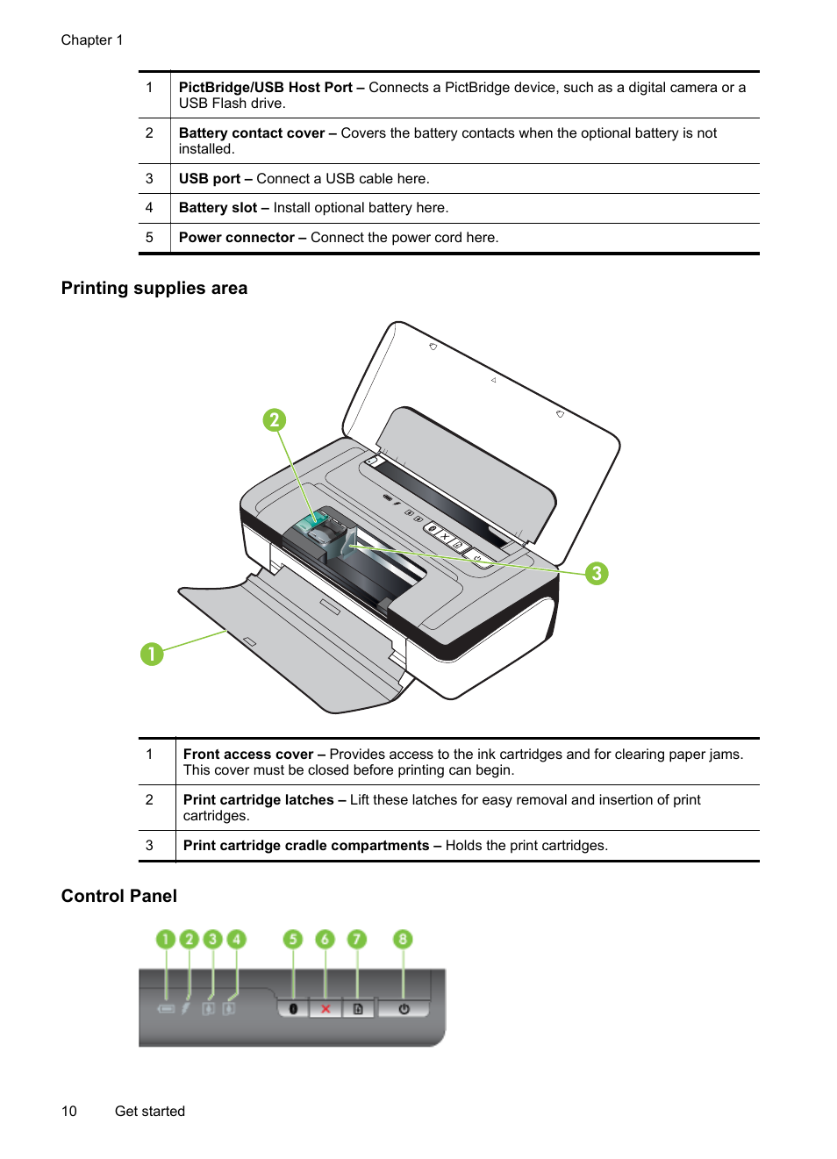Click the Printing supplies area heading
154,289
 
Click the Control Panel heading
119,896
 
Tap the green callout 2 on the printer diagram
275,420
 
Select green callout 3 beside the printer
597,574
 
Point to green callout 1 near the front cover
152,654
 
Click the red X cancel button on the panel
325,1009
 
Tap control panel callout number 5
293,940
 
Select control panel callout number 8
403,940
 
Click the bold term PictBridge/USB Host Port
265,88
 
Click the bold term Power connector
236,238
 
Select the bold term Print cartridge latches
258,800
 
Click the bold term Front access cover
247,755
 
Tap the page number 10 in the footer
69,1112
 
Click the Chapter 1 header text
92,40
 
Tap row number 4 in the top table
149,208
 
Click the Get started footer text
150,1112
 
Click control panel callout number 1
165,940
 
